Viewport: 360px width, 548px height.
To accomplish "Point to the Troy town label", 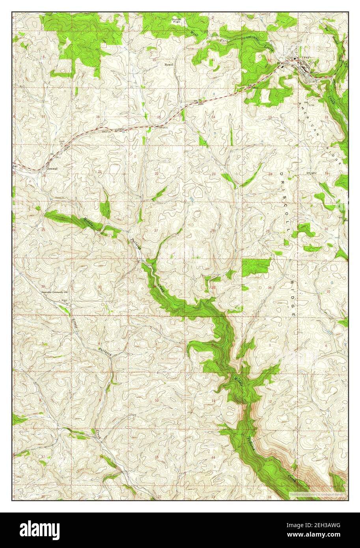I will [x=306, y=58].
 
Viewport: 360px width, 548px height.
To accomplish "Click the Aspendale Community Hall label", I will [x=55, y=293].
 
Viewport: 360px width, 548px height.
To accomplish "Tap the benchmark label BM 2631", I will [x=162, y=127].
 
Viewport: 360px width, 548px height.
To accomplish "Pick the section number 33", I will [x=100, y=287].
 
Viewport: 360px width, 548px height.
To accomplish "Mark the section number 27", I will [x=157, y=230].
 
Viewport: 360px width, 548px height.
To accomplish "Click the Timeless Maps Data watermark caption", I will [x=317, y=494].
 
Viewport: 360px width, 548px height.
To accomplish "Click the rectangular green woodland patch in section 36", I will [x=256, y=267].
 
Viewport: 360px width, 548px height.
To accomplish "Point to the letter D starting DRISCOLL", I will [x=281, y=173].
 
